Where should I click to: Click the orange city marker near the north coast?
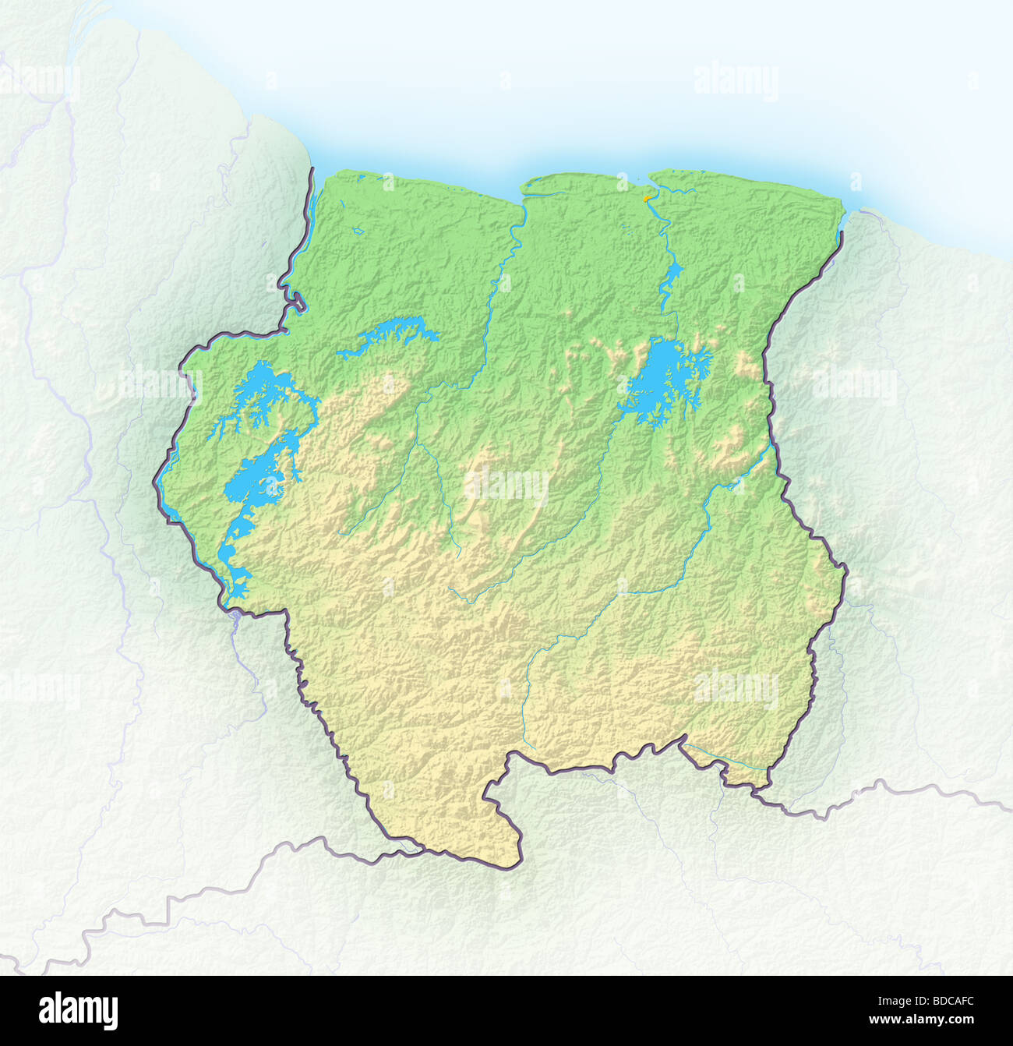pyautogui.click(x=646, y=200)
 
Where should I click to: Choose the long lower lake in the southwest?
pyautogui.click(x=249, y=491)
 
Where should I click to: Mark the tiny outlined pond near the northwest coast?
pyautogui.click(x=358, y=231)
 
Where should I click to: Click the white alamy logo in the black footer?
pyautogui.click(x=79, y=1010)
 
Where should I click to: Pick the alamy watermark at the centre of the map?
pyautogui.click(x=507, y=486)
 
